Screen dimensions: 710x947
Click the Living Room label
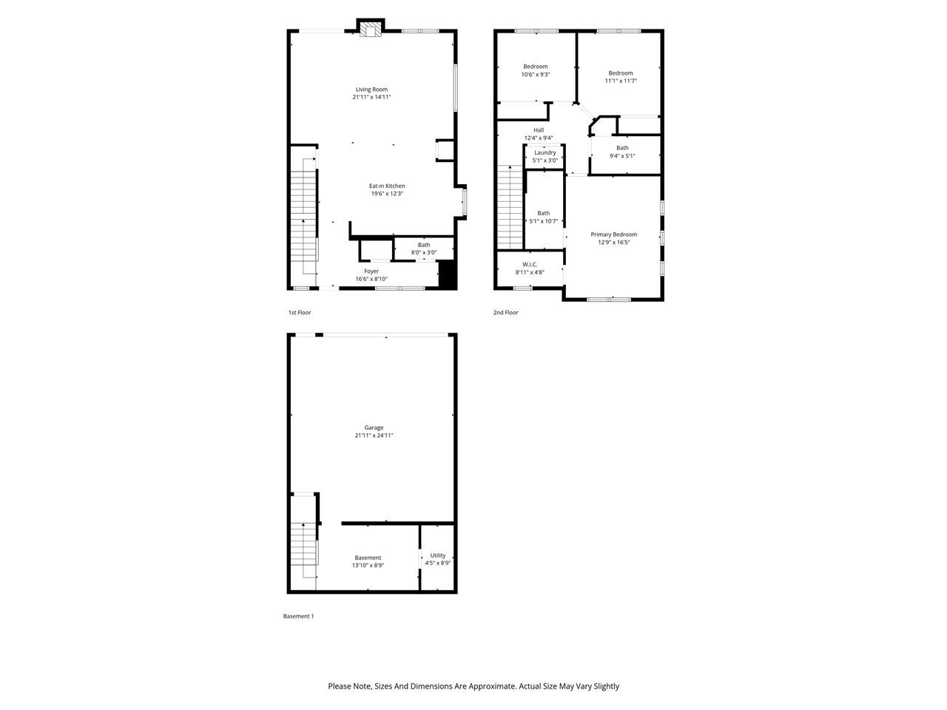click(x=371, y=89)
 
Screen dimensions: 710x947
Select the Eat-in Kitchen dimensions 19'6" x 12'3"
click(x=387, y=194)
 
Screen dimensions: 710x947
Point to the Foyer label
click(x=371, y=271)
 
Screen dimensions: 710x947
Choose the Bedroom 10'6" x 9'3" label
click(x=536, y=67)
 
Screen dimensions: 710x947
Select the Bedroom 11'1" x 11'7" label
click(x=621, y=73)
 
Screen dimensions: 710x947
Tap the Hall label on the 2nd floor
click(x=539, y=130)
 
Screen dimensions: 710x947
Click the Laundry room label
click(x=545, y=153)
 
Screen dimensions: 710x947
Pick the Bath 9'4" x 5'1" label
click(x=622, y=148)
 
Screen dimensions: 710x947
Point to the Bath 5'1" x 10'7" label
click(x=544, y=213)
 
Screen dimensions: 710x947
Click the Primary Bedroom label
click(x=613, y=234)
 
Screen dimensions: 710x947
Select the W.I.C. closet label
click(x=530, y=264)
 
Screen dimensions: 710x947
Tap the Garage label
click(x=374, y=427)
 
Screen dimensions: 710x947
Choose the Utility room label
click(x=438, y=555)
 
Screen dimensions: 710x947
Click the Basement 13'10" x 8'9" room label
click(x=368, y=558)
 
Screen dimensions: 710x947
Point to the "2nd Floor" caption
click(x=506, y=313)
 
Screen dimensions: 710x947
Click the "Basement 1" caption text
click(x=299, y=616)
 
